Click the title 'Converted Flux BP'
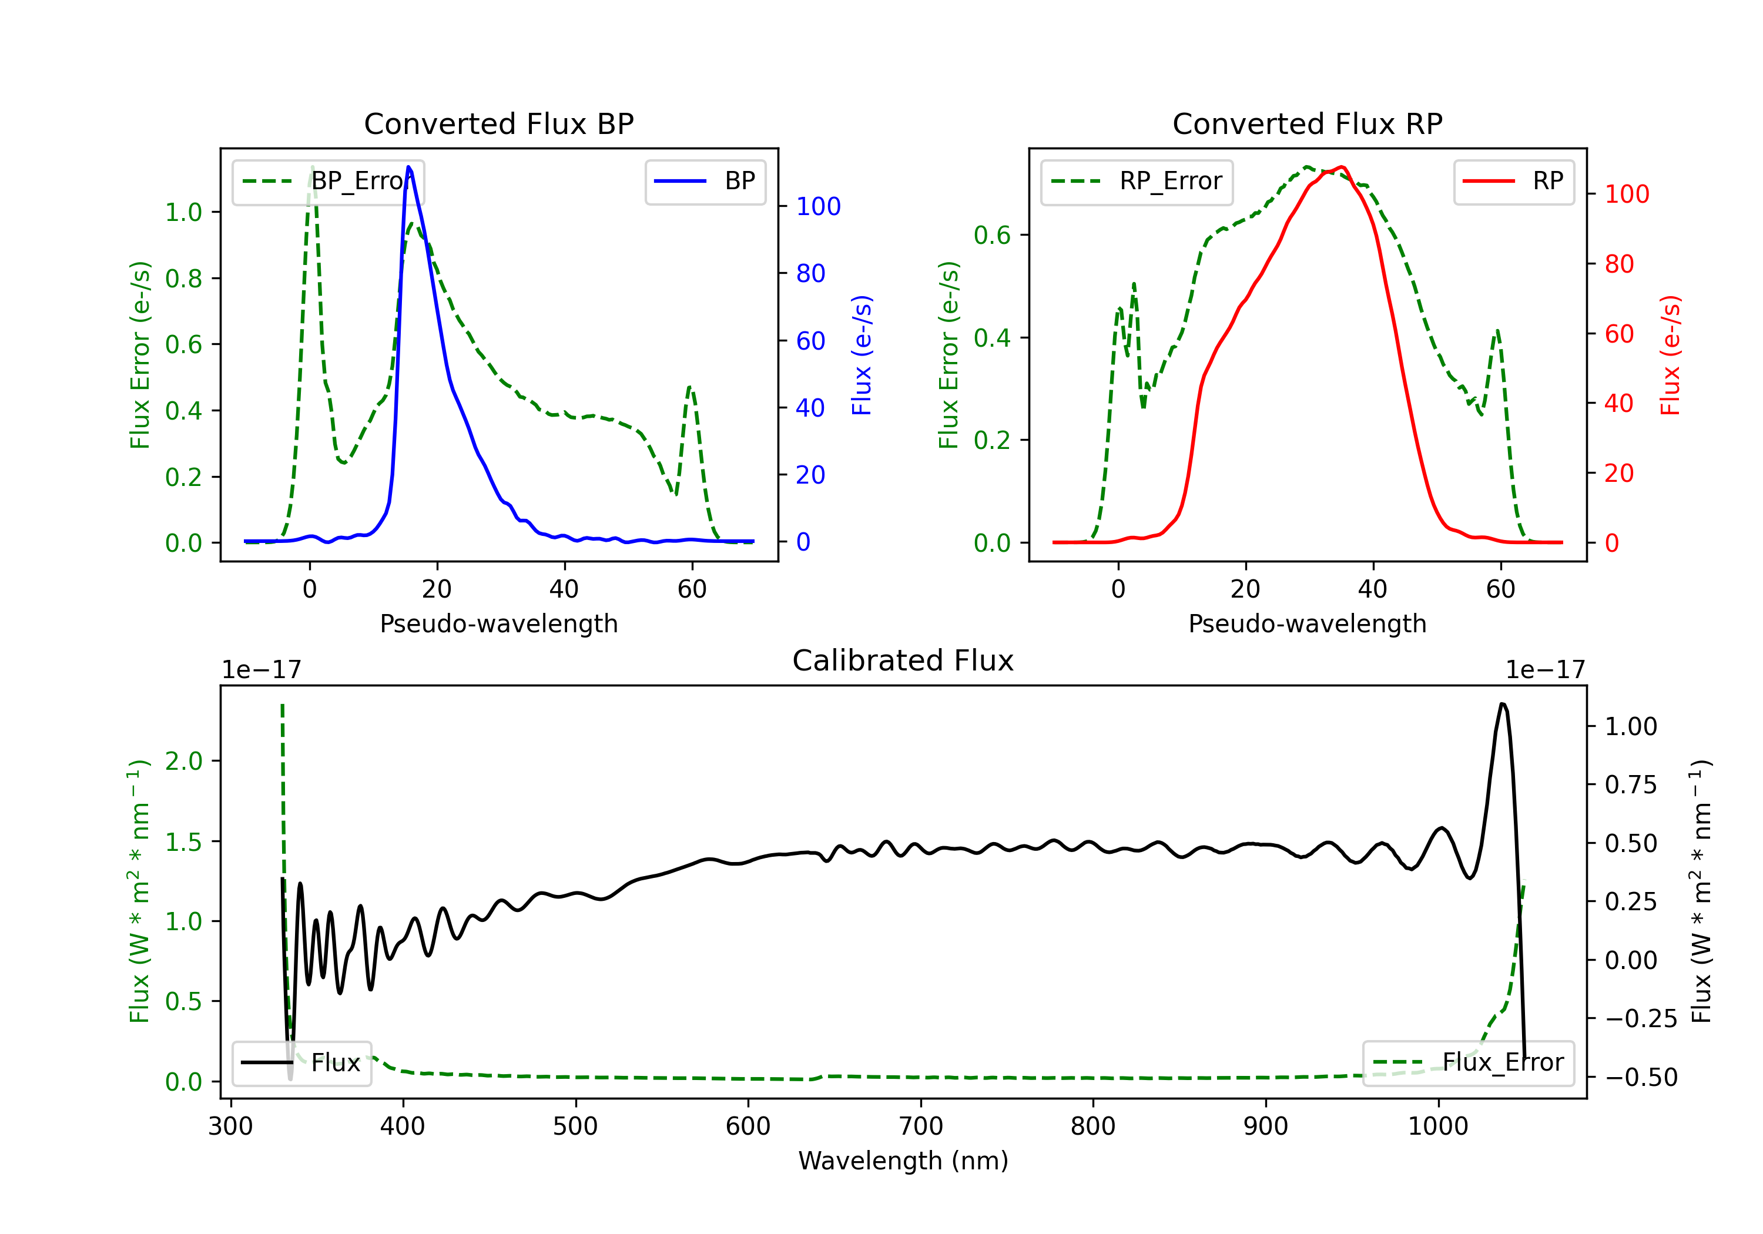pos(498,123)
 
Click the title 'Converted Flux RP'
pos(1307,123)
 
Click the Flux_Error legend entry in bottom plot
pos(1468,1063)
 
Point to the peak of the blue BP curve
pos(408,167)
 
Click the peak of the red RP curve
pos(1340,167)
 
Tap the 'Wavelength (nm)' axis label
pos(903,1161)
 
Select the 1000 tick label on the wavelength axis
pos(1437,1126)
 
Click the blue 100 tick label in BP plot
pos(818,207)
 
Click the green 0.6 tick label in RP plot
pos(992,236)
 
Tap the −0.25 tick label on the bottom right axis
pos(1630,1019)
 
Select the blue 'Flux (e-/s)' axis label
pos(862,355)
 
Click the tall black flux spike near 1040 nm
pos(1502,704)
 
